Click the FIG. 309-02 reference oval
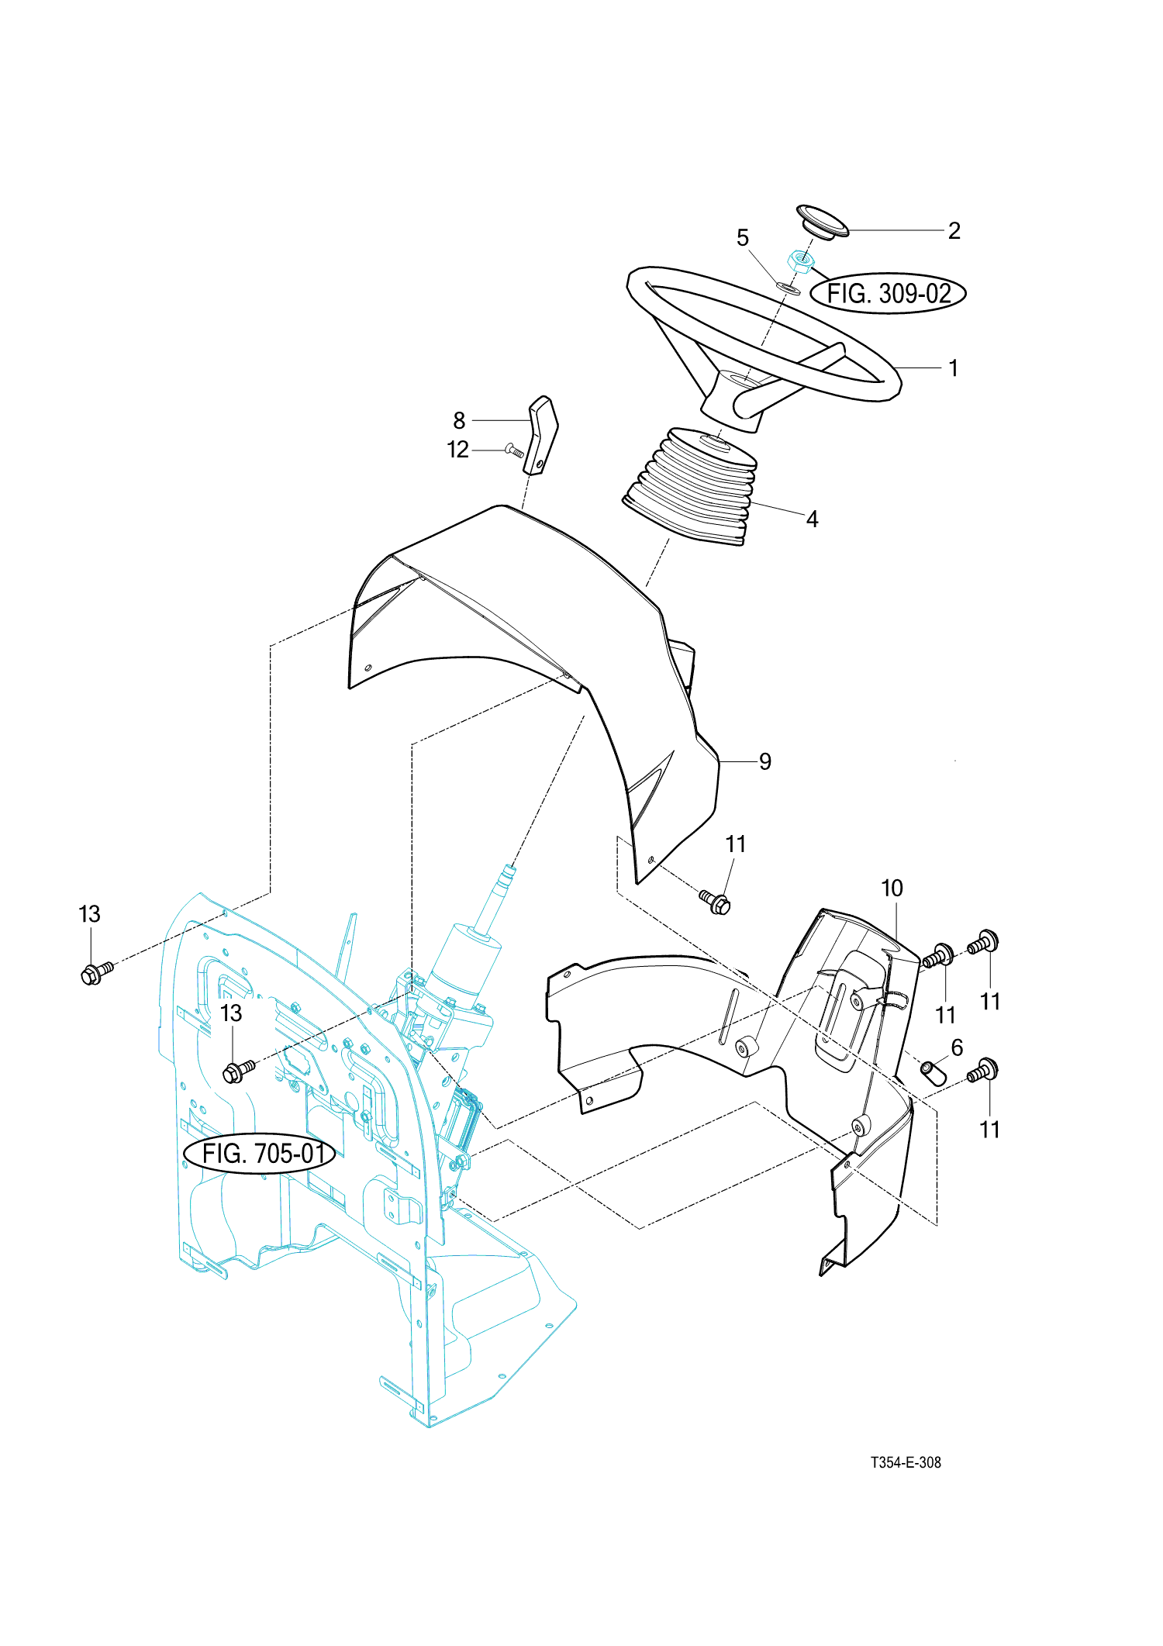[888, 294]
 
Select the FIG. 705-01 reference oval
[260, 1154]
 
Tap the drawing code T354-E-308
[906, 1462]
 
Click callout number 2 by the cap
[954, 231]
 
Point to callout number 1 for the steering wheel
[954, 368]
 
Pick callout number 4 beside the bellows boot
[812, 519]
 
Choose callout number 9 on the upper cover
[765, 761]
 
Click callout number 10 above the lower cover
[892, 889]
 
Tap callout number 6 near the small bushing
[957, 1048]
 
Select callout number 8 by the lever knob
[459, 421]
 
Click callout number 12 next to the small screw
[457, 450]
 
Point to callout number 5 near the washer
[743, 238]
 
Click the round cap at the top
[823, 223]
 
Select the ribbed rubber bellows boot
[689, 486]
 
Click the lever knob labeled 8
[541, 435]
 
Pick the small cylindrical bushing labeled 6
[934, 1074]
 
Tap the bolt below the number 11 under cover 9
[715, 902]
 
